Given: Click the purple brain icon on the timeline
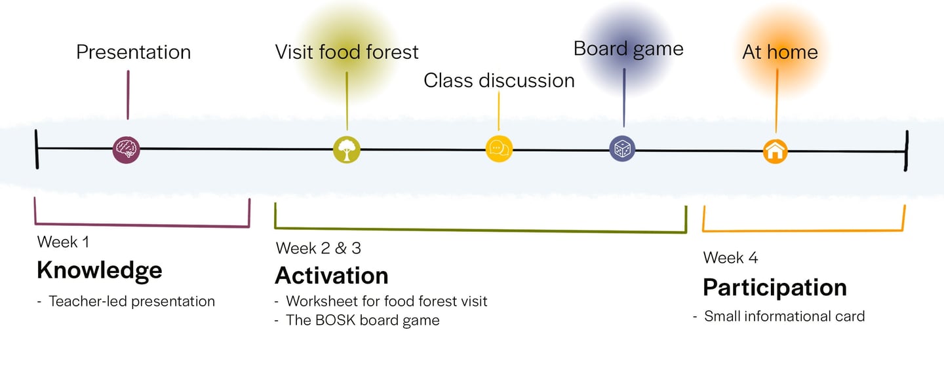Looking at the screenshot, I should [x=126, y=149].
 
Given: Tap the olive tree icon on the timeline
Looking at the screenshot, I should [x=346, y=149].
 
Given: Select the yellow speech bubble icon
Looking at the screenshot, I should [x=499, y=149].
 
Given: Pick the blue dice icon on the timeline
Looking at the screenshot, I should [x=622, y=149].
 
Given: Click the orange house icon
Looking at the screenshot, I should [x=775, y=152].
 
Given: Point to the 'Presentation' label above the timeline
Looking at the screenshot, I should [x=133, y=52].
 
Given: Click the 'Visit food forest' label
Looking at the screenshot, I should [x=347, y=52].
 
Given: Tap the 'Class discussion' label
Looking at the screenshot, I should [x=499, y=81].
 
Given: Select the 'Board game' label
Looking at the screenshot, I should [x=628, y=48].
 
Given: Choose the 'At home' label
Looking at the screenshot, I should [x=780, y=52].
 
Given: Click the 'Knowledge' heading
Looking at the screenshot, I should [x=99, y=270].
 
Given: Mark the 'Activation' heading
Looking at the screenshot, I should [x=331, y=276].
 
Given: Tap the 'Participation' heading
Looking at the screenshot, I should [x=775, y=287].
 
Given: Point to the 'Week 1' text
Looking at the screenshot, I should [x=63, y=242].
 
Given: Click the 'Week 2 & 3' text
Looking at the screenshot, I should [x=319, y=248].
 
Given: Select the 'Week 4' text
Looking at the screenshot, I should [x=730, y=257].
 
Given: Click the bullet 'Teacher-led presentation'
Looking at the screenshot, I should [x=132, y=302].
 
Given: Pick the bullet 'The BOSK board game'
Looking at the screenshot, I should [x=363, y=320].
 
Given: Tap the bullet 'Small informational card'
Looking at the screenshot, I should [x=784, y=316].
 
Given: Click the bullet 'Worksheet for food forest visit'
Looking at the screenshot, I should [x=387, y=301].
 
